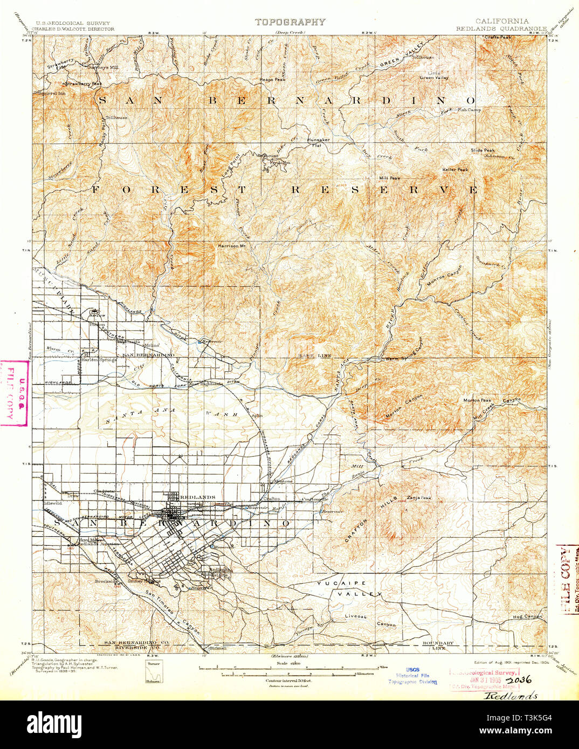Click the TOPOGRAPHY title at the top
point(290,22)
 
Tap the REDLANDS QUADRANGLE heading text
point(501,29)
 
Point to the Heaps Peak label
point(272,79)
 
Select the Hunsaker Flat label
point(318,143)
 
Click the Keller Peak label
point(456,169)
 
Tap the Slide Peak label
point(482,150)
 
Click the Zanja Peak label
point(419,497)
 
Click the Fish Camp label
point(469,110)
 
